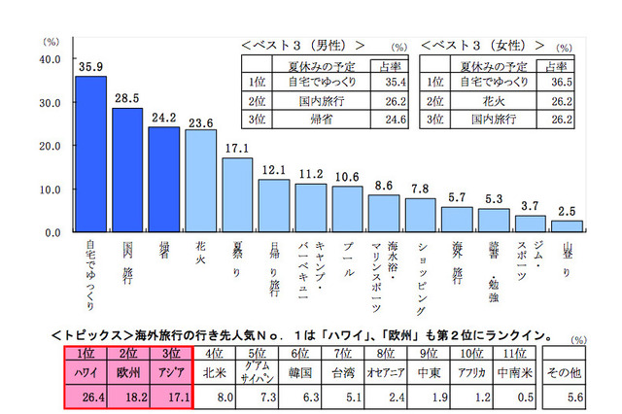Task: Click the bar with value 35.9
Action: [x=90, y=155]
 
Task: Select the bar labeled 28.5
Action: [x=127, y=170]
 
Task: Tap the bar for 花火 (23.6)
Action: [x=200, y=181]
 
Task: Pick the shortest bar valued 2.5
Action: [x=567, y=226]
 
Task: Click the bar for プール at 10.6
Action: [x=347, y=209]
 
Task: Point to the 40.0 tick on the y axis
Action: [x=49, y=58]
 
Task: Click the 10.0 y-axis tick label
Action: [x=49, y=190]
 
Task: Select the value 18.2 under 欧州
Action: [x=127, y=396]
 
